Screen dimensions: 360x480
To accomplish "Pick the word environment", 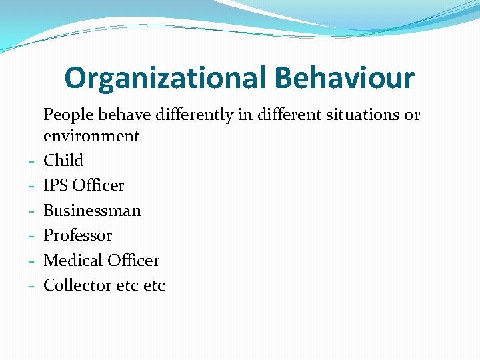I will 91,137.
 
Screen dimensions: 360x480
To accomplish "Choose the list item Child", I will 63,161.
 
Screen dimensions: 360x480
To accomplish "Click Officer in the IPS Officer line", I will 98,185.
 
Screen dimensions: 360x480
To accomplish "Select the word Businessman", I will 92,211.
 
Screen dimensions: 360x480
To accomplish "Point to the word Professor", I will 77,235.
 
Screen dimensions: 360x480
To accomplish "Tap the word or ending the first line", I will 412,115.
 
